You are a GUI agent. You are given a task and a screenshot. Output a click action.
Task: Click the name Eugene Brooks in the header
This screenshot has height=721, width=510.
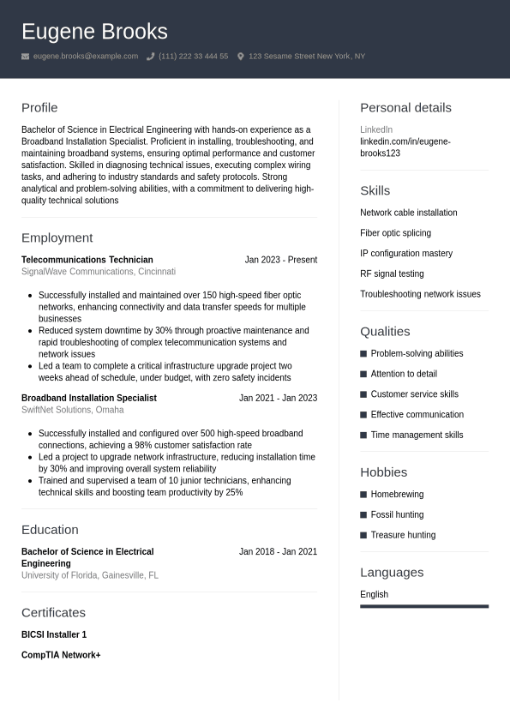click(94, 32)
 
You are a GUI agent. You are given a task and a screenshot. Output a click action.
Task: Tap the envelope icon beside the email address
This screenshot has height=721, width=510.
click(26, 57)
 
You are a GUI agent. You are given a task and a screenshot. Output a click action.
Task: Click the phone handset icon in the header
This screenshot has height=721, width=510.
click(151, 57)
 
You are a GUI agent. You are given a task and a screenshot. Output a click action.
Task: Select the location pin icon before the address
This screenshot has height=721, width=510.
click(241, 57)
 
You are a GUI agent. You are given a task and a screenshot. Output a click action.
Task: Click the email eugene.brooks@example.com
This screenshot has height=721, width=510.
click(85, 57)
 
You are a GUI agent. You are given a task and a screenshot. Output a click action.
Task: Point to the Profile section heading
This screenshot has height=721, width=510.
click(39, 108)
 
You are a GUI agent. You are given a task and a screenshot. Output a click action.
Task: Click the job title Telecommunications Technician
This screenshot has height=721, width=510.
click(87, 260)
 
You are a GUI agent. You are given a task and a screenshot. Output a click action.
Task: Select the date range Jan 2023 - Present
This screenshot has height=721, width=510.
click(280, 260)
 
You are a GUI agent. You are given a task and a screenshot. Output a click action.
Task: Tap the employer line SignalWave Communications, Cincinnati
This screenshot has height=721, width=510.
click(98, 272)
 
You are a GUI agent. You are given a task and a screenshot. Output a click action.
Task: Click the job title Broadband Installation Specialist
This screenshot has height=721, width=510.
click(88, 398)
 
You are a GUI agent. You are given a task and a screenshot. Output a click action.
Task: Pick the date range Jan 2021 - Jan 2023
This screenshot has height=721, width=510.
click(278, 398)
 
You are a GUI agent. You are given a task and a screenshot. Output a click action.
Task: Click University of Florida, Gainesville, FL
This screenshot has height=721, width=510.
click(89, 575)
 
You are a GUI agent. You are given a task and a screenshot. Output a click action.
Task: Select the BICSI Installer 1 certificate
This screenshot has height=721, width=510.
click(54, 634)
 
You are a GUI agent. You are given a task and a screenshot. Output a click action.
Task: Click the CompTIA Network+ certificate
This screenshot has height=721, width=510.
click(61, 655)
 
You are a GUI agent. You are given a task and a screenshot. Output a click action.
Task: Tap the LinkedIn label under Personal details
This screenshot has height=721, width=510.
click(375, 129)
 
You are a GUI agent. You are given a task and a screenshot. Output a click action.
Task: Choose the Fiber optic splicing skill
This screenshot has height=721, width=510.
click(395, 233)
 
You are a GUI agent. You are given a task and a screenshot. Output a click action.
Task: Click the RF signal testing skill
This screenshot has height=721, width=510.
click(392, 273)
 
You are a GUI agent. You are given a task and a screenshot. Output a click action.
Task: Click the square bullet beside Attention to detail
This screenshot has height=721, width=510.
click(363, 374)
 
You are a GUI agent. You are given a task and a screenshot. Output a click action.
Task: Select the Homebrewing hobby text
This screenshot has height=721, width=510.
click(397, 495)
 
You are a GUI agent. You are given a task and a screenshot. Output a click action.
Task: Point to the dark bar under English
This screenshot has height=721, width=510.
click(423, 606)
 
